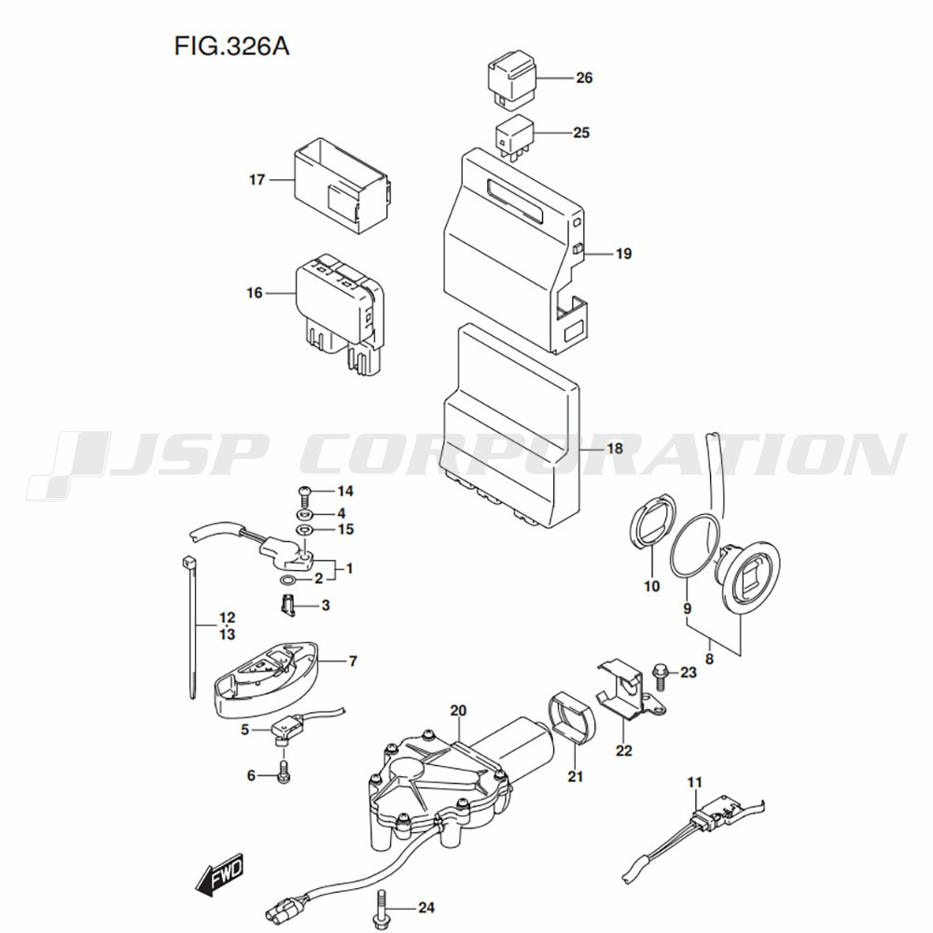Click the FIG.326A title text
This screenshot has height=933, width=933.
[230, 46]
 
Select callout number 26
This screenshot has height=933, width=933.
[584, 78]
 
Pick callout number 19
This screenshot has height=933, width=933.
[623, 253]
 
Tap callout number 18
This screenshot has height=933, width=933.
[614, 449]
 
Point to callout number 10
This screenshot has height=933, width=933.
[651, 587]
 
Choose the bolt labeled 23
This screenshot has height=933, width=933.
[661, 671]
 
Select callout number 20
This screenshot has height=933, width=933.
[457, 711]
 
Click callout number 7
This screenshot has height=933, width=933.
[353, 661]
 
